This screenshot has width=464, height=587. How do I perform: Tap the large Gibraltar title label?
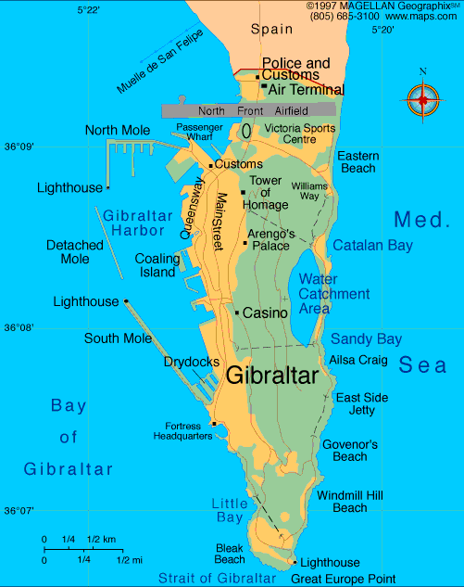point(271,376)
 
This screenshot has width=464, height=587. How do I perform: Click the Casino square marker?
point(238,313)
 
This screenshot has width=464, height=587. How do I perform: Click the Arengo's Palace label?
point(270,239)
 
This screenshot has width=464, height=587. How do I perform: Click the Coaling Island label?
point(157,266)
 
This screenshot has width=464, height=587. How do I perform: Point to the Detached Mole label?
point(75,252)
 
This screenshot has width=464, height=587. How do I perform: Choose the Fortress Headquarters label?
point(182,431)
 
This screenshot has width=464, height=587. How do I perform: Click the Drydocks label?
point(192,362)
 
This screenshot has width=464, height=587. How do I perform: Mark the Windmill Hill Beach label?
point(349,502)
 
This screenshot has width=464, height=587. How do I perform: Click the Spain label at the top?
point(271,30)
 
